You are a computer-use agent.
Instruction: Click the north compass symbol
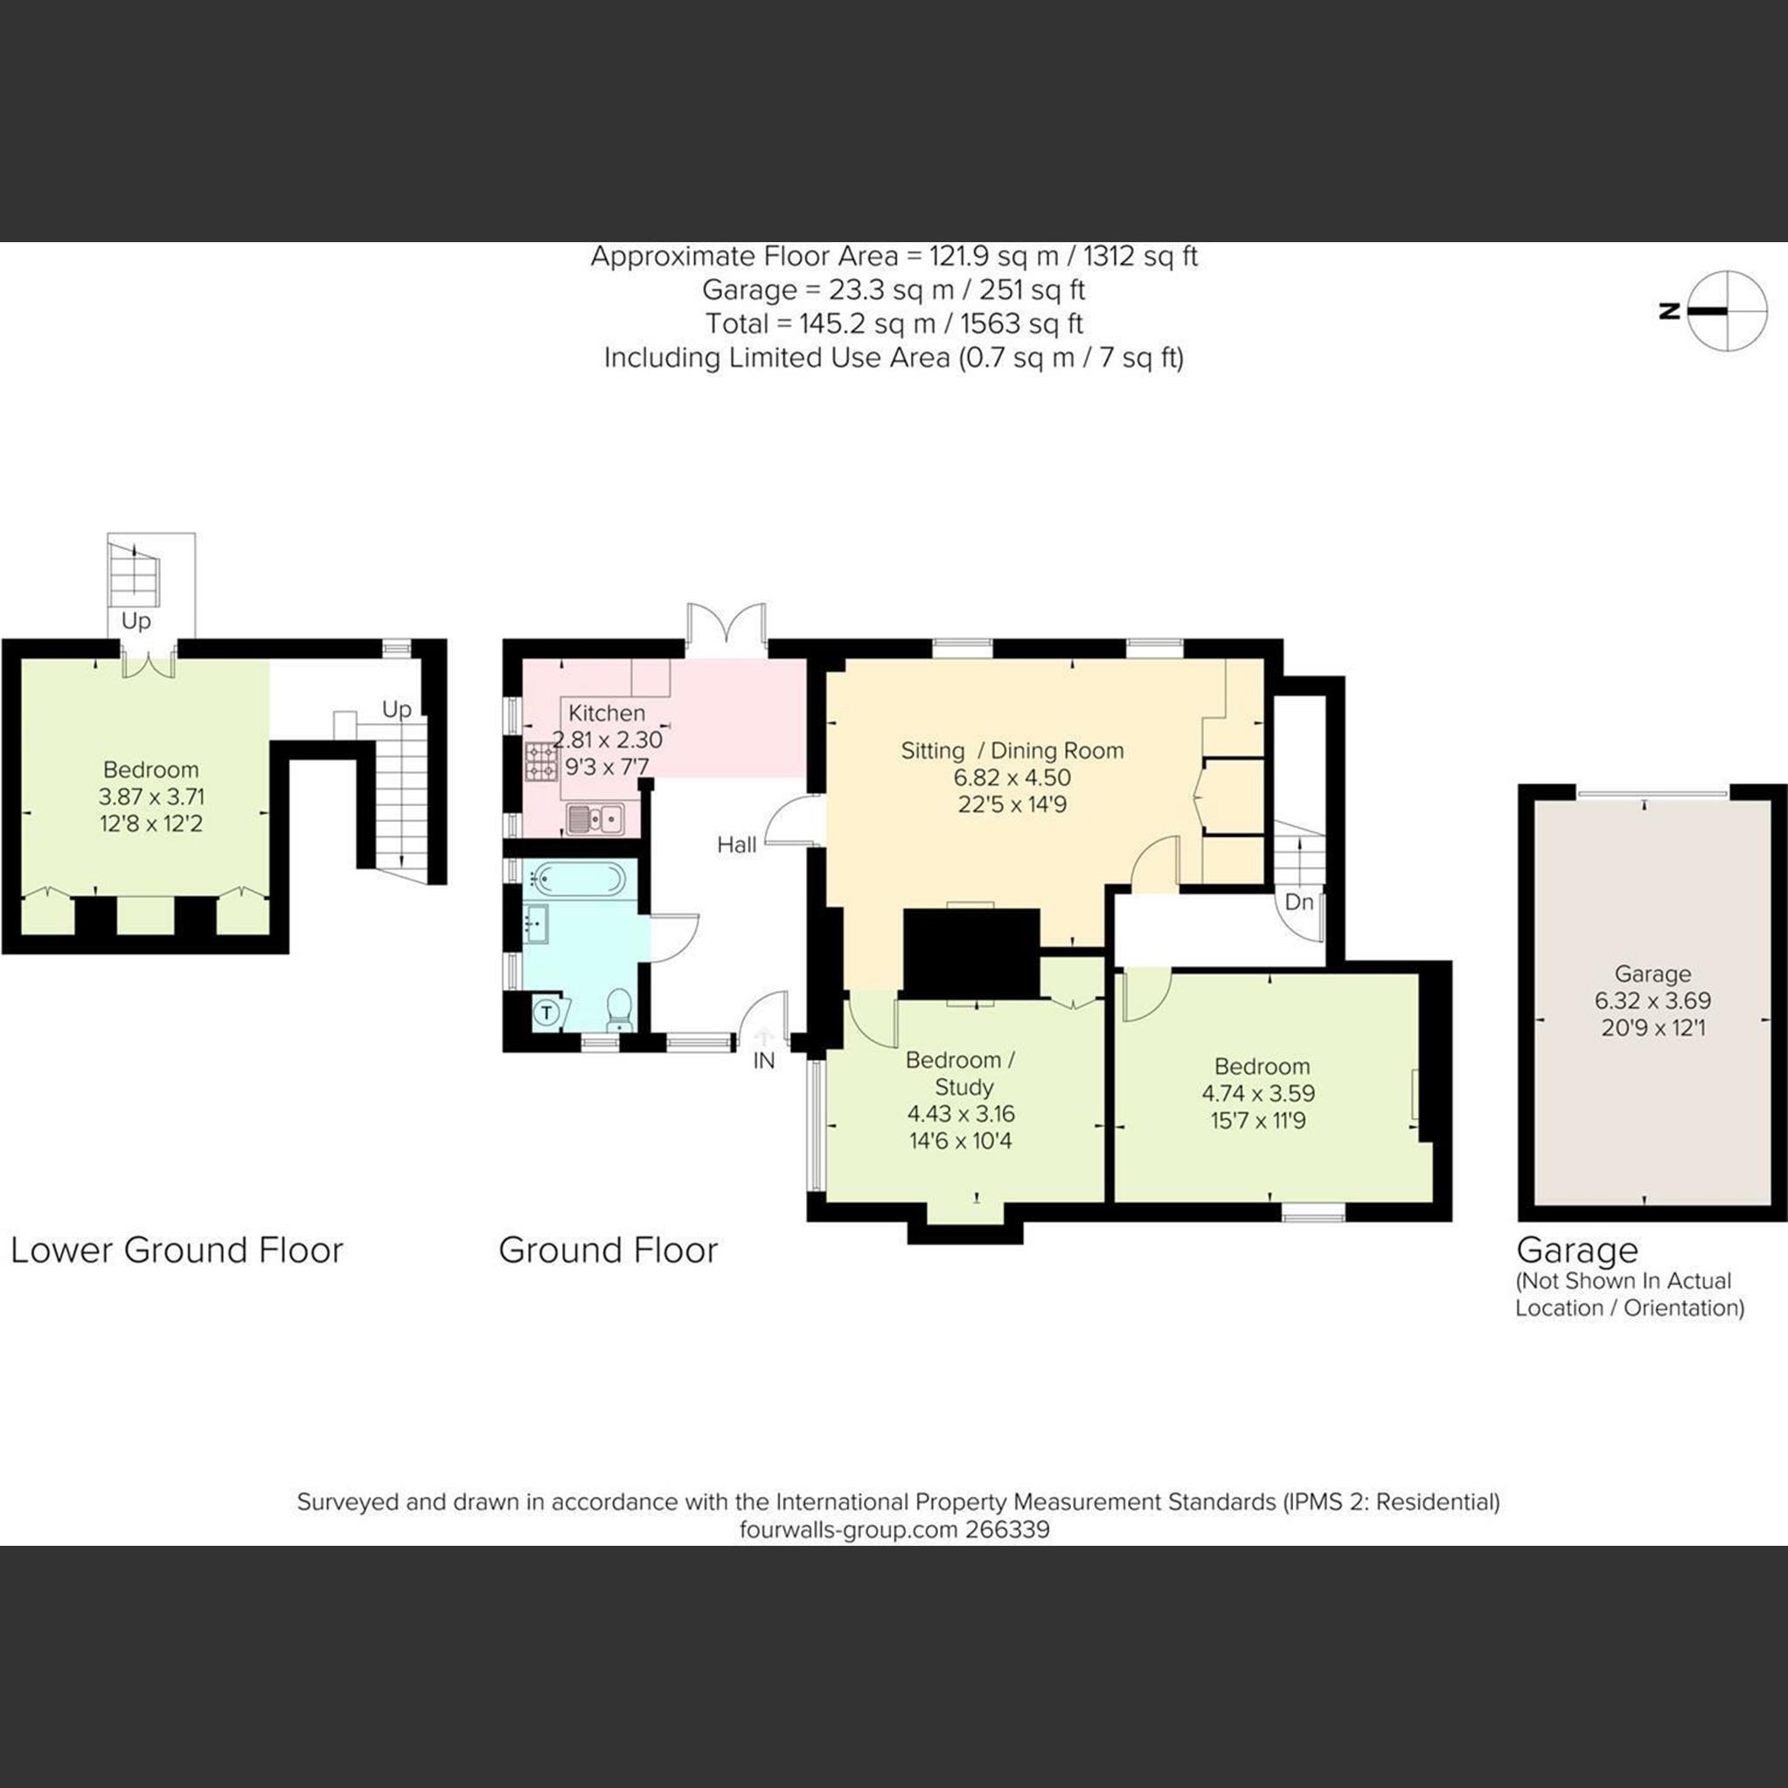1726,311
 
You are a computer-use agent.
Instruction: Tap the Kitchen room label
606,713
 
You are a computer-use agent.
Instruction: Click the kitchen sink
595,818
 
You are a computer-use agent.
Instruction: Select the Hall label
737,844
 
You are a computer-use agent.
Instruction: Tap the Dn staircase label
1299,901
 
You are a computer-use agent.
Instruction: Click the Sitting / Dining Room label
1012,750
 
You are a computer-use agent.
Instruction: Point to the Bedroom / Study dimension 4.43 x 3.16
960,1113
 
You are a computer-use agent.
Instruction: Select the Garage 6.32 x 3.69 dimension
1652,1000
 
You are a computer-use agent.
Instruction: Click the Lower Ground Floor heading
177,1250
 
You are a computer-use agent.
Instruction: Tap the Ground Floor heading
608,1250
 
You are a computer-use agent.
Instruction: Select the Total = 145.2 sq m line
893,324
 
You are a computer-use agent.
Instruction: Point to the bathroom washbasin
537,922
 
